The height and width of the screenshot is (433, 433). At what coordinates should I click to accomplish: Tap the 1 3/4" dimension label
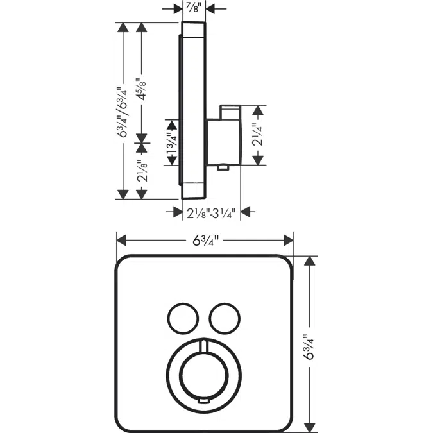click(x=171, y=142)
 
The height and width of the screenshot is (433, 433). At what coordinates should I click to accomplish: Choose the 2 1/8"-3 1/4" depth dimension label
click(x=212, y=212)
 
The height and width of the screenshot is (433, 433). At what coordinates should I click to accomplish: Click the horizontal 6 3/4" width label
click(x=205, y=241)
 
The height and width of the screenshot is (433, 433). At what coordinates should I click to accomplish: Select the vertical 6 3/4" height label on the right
click(x=310, y=344)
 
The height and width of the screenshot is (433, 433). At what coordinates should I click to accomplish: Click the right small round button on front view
click(x=222, y=317)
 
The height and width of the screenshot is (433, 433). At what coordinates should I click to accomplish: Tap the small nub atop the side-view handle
click(x=228, y=112)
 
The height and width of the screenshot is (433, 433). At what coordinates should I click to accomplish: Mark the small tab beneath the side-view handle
click(x=223, y=168)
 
